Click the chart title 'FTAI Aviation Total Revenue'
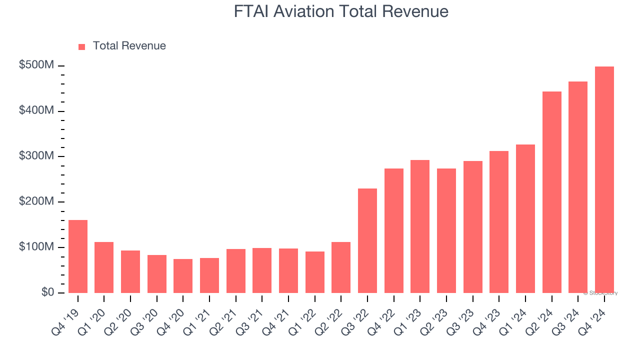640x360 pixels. pyautogui.click(x=341, y=11)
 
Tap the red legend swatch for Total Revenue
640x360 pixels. pyautogui.click(x=82, y=46)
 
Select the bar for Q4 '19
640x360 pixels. pyautogui.click(x=78, y=256)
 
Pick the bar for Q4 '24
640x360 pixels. pyautogui.click(x=604, y=180)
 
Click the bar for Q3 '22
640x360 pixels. pyautogui.click(x=367, y=240)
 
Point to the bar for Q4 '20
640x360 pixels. pyautogui.click(x=183, y=276)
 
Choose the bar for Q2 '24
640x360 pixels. pyautogui.click(x=552, y=192)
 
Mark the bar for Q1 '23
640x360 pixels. pyautogui.click(x=420, y=226)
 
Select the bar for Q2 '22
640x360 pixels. pyautogui.click(x=341, y=267)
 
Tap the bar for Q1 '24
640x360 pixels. pyautogui.click(x=525, y=219)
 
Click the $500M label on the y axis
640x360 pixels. pyautogui.click(x=36, y=66)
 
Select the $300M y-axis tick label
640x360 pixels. pyautogui.click(x=36, y=156)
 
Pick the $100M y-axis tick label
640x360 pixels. pyautogui.click(x=36, y=247)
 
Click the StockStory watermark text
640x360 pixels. pyautogui.click(x=600, y=293)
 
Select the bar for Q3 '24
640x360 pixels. pyautogui.click(x=578, y=187)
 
